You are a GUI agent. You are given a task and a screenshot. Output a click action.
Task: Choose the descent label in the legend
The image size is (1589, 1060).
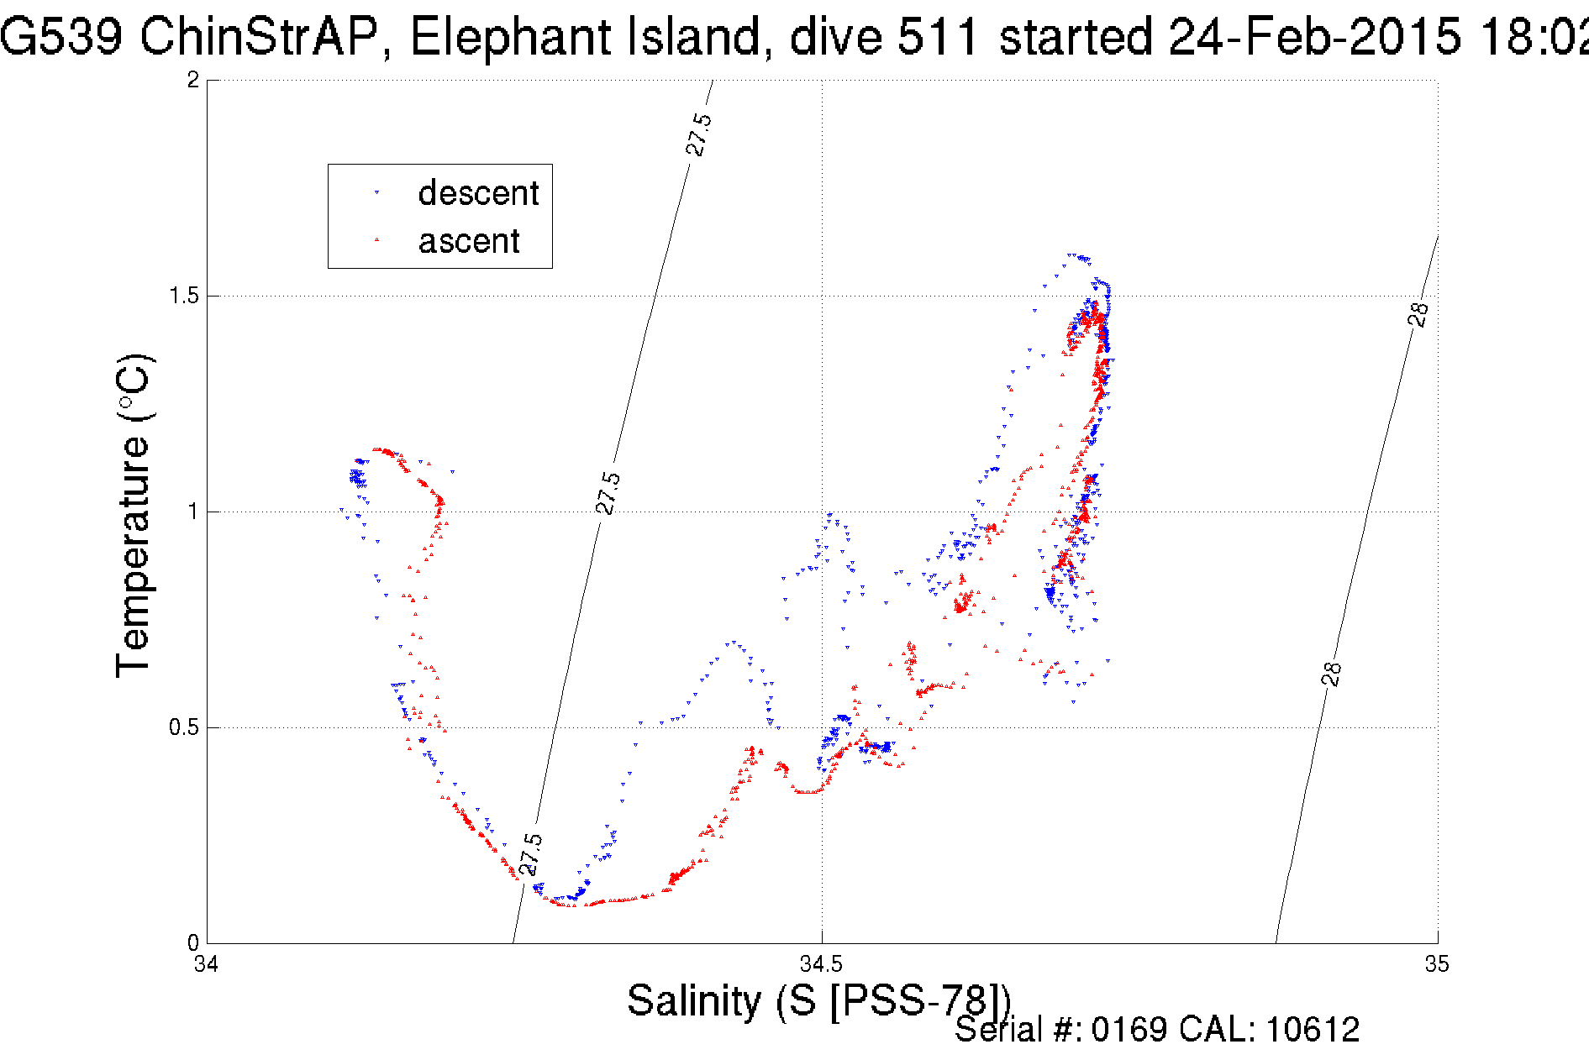478,193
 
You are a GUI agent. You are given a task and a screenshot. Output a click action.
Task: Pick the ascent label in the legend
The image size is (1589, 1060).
469,241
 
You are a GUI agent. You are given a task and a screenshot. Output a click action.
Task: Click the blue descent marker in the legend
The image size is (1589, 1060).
376,193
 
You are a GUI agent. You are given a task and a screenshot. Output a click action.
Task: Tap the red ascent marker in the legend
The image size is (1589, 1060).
376,240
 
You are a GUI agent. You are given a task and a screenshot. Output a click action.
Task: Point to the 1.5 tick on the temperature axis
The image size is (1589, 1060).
183,296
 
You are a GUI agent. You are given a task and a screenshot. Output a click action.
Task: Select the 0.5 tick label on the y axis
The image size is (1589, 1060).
183,727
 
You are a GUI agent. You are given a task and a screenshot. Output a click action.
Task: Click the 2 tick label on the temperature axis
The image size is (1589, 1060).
193,80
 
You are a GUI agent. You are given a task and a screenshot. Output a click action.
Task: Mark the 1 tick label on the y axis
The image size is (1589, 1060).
193,512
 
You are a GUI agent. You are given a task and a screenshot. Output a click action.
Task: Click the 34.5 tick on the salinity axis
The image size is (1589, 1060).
822,963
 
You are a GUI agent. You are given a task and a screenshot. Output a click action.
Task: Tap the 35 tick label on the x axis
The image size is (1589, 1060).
1437,963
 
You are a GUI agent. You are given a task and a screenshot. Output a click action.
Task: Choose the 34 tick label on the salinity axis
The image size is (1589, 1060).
207,963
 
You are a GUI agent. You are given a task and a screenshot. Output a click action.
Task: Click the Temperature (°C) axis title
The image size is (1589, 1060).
133,515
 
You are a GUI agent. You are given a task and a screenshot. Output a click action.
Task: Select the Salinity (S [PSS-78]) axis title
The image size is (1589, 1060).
818,1001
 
